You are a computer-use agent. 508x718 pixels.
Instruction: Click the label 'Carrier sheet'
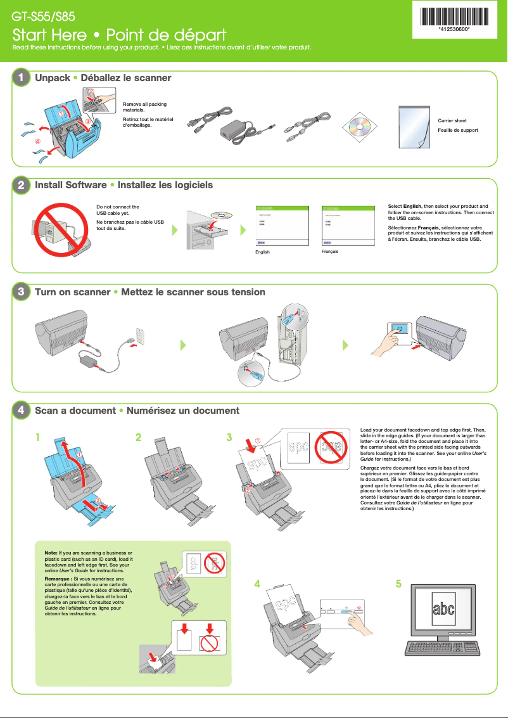tap(452, 120)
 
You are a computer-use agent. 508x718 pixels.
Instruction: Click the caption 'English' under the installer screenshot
tap(262, 252)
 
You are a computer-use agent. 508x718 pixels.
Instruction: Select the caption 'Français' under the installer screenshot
tap(330, 252)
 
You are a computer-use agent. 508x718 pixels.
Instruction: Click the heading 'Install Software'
tap(70, 185)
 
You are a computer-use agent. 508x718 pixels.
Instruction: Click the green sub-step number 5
tap(398, 584)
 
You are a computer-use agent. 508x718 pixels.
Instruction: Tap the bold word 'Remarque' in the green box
tap(59, 579)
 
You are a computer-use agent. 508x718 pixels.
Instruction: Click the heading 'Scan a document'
tap(75, 411)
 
